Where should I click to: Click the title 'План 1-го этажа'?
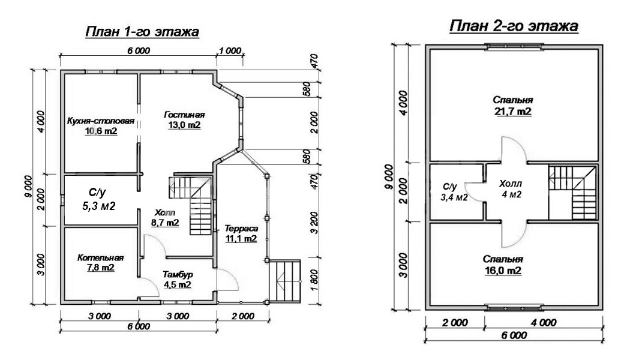click(142, 32)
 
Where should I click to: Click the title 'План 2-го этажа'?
click(514, 26)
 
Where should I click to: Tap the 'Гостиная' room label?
click(184, 115)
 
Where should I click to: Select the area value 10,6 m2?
click(101, 131)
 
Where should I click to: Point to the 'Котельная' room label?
click(100, 257)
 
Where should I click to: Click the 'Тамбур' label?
click(178, 274)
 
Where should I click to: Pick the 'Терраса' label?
click(241, 228)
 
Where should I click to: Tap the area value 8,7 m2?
click(165, 222)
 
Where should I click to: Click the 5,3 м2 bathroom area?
click(99, 206)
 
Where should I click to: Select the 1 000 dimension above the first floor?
click(230, 51)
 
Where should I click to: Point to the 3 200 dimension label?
click(314, 223)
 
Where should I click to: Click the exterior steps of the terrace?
click(284, 280)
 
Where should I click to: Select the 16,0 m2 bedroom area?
click(503, 271)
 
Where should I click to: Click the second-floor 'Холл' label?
click(511, 184)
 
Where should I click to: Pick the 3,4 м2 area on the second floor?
click(454, 197)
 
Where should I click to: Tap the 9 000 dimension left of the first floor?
click(28, 187)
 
